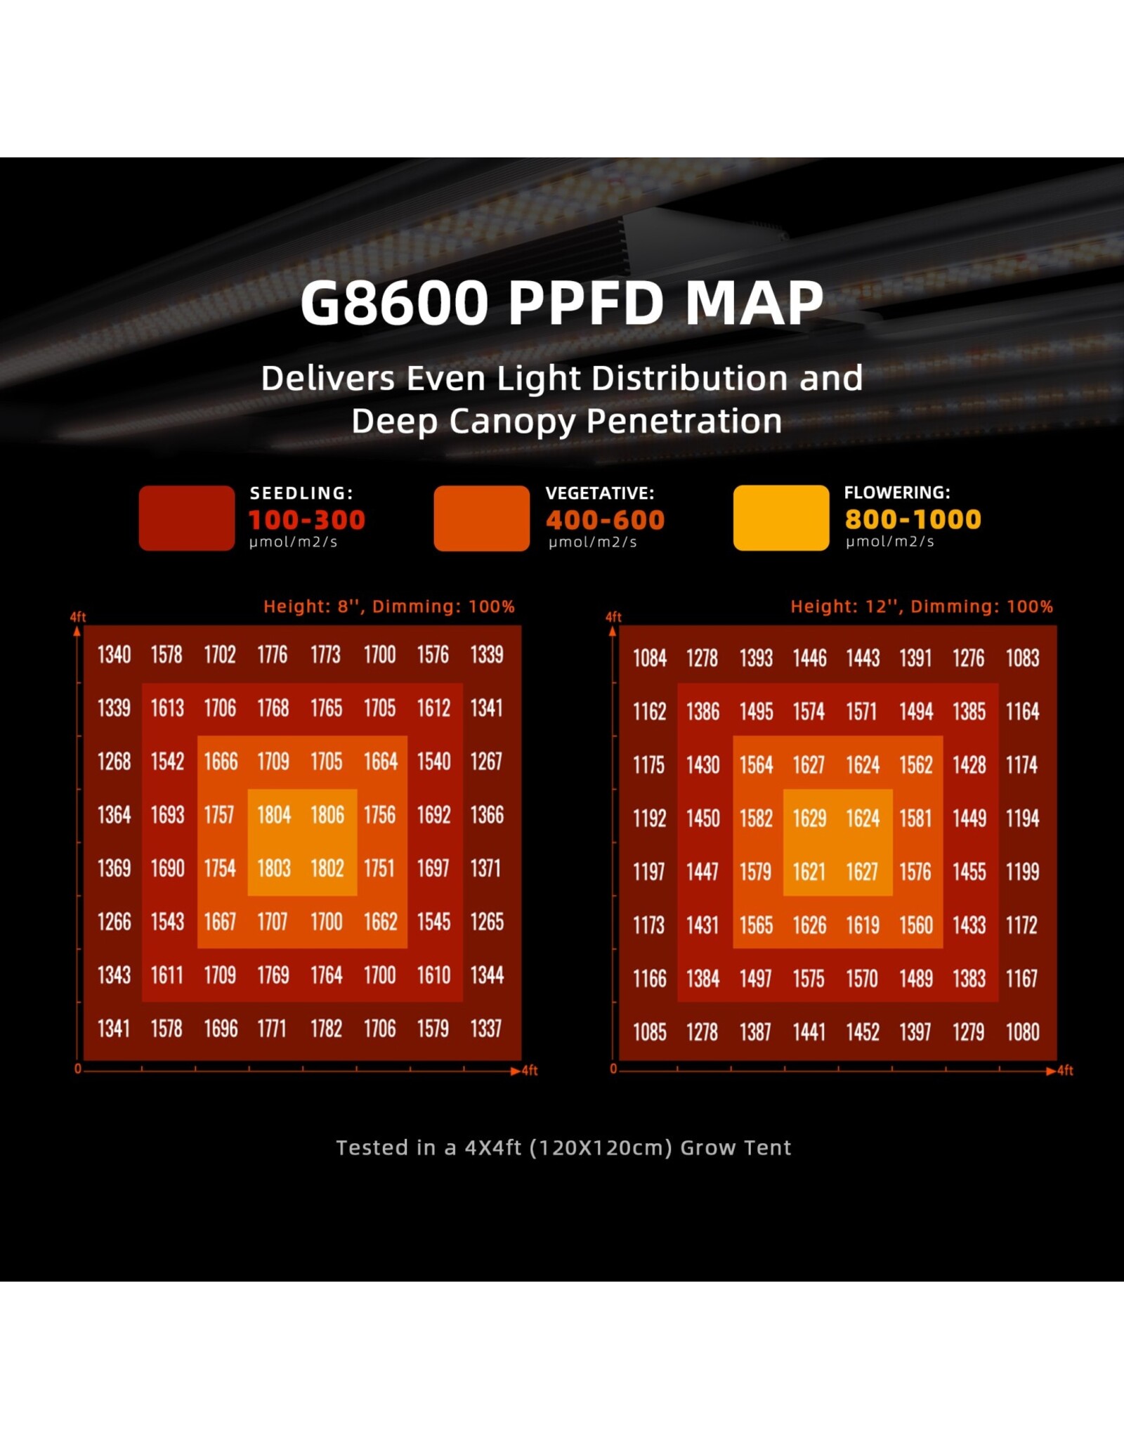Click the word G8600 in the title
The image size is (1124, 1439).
[x=393, y=304]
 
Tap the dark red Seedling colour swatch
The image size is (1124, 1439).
[x=187, y=518]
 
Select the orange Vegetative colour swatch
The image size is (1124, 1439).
[x=481, y=518]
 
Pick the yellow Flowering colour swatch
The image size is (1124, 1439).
[x=780, y=518]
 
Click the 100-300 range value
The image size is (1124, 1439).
[x=307, y=520]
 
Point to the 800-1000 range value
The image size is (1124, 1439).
[x=913, y=519]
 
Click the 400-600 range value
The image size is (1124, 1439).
[x=605, y=520]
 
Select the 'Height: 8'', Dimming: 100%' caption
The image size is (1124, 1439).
[x=388, y=606]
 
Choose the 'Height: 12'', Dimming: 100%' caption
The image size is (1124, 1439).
[x=921, y=606]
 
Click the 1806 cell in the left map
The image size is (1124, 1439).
[x=327, y=815]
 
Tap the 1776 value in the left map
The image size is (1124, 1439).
[x=273, y=655]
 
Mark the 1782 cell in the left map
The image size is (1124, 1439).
[x=327, y=1029]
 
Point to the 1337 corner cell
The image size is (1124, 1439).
[x=486, y=1029]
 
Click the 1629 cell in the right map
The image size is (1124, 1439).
[x=809, y=819]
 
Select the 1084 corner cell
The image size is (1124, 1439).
[x=650, y=658]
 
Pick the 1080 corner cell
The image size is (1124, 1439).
[x=1022, y=1032]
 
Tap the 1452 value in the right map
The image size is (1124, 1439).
[x=863, y=1032]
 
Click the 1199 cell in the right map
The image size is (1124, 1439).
[x=1022, y=872]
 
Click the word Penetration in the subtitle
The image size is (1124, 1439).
[x=684, y=422]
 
